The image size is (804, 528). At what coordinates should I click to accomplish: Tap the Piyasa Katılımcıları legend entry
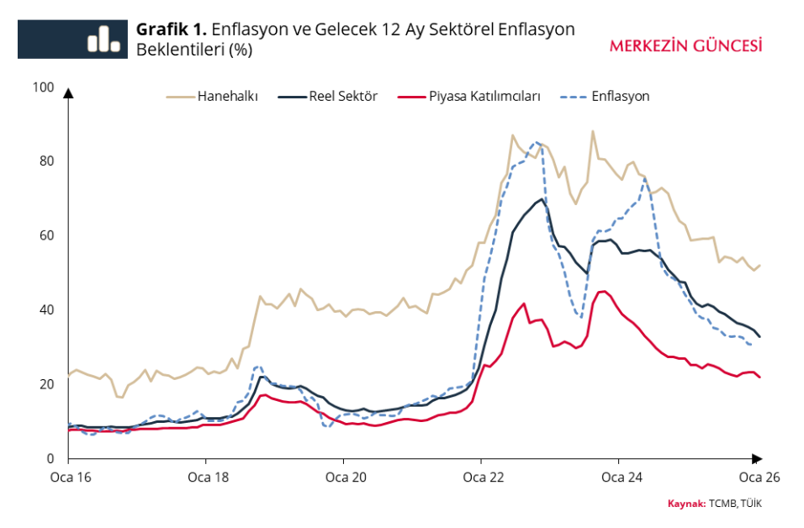coord(484,97)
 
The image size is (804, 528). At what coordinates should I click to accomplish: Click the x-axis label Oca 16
coord(68,478)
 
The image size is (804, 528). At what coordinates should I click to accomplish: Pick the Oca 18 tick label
coord(205,478)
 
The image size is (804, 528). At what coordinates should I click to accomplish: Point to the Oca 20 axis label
coord(343,478)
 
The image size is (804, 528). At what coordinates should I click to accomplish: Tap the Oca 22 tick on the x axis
coord(480,478)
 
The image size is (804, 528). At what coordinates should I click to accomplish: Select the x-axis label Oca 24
coord(618,478)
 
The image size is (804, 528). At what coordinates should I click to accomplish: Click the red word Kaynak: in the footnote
coord(686,504)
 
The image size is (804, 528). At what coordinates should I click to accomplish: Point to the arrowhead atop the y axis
coord(68,92)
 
